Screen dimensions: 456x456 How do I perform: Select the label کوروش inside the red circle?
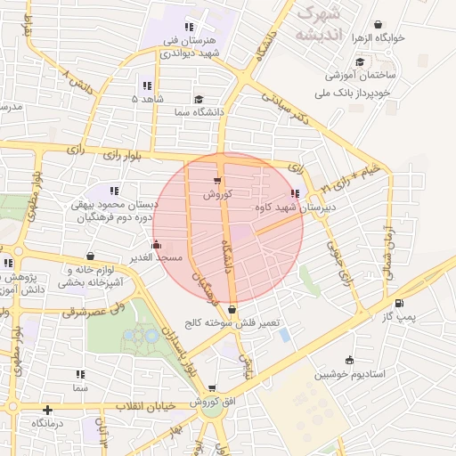pyautogui.click(x=217, y=193)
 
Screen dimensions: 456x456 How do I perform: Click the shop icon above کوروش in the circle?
pyautogui.click(x=218, y=182)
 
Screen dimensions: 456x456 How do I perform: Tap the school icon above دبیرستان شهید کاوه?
pyautogui.click(x=295, y=194)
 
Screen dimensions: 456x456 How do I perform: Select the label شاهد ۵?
pyautogui.click(x=148, y=99)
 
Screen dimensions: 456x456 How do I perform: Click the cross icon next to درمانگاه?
pyautogui.click(x=48, y=410)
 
